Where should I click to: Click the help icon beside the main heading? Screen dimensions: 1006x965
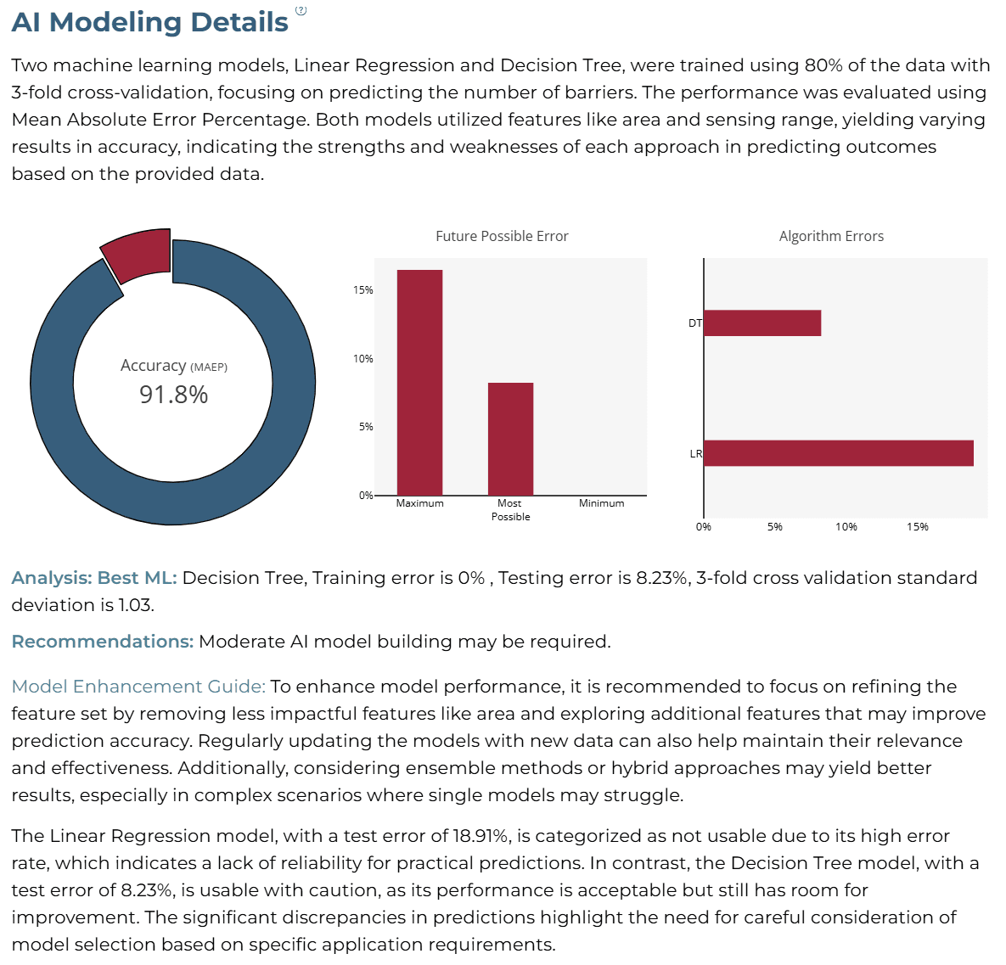point(301,10)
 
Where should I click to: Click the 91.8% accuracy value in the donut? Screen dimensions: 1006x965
point(174,395)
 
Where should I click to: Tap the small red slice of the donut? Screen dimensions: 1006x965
point(138,255)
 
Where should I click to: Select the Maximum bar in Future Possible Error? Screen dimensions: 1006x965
point(419,383)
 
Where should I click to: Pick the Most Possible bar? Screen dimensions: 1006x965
point(511,439)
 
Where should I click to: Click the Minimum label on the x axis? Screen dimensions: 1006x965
point(601,503)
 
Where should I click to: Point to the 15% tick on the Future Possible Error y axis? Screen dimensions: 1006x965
point(363,290)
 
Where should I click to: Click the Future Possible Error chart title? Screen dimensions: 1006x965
point(502,236)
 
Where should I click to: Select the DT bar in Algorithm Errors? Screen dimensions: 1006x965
point(763,323)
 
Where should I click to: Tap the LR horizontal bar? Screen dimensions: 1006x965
point(840,453)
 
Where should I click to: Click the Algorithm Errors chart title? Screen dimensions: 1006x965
point(831,236)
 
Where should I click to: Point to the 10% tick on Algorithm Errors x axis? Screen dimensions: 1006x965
point(846,527)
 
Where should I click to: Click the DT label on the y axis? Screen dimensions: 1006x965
point(694,323)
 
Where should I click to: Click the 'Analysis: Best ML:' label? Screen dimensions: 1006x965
point(94,577)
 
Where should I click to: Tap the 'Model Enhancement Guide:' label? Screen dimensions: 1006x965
point(138,687)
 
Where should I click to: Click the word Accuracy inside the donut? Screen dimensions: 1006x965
point(154,366)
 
